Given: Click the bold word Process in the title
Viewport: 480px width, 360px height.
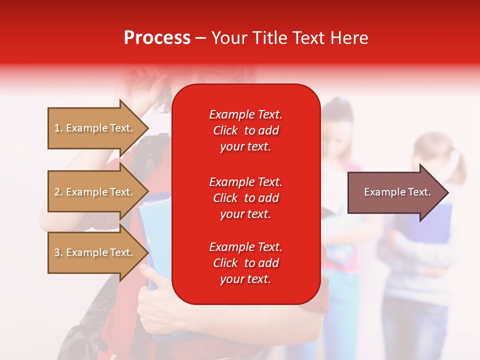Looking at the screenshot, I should tap(157, 38).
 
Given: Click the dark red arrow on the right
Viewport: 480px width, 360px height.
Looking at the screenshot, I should tap(395, 192).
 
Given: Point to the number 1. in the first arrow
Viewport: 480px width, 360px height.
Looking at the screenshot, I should tap(58, 128).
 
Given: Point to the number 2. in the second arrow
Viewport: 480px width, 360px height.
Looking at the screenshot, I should tap(58, 192).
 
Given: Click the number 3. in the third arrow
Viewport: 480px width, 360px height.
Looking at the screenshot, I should tap(58, 252).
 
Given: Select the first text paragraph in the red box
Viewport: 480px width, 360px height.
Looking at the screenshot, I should tap(245, 130).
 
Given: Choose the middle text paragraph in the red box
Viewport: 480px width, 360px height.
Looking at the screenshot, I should tap(245, 198).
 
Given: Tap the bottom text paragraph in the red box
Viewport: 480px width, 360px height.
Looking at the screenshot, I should tap(245, 263).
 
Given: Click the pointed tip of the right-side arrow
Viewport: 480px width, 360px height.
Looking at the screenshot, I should tap(446, 192).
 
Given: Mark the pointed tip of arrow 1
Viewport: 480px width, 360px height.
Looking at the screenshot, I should tap(147, 128).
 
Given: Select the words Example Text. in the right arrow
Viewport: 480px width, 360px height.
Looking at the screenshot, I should tap(397, 192).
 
